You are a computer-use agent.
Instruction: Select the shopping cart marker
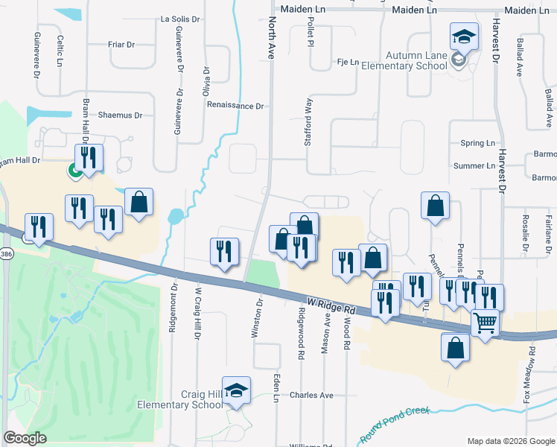tap(485, 325)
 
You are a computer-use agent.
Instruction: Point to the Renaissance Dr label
tap(236, 107)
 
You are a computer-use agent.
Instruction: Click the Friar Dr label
tap(121, 45)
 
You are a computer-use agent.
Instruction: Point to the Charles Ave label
tap(311, 395)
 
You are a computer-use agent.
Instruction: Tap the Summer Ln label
tap(474, 166)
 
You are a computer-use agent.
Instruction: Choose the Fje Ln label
tap(348, 62)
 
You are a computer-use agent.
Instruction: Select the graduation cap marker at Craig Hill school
tap(236, 391)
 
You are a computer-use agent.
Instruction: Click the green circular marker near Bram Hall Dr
tap(76, 171)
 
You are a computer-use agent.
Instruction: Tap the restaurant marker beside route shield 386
tap(39, 227)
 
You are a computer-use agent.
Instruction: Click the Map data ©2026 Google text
tap(510, 441)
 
